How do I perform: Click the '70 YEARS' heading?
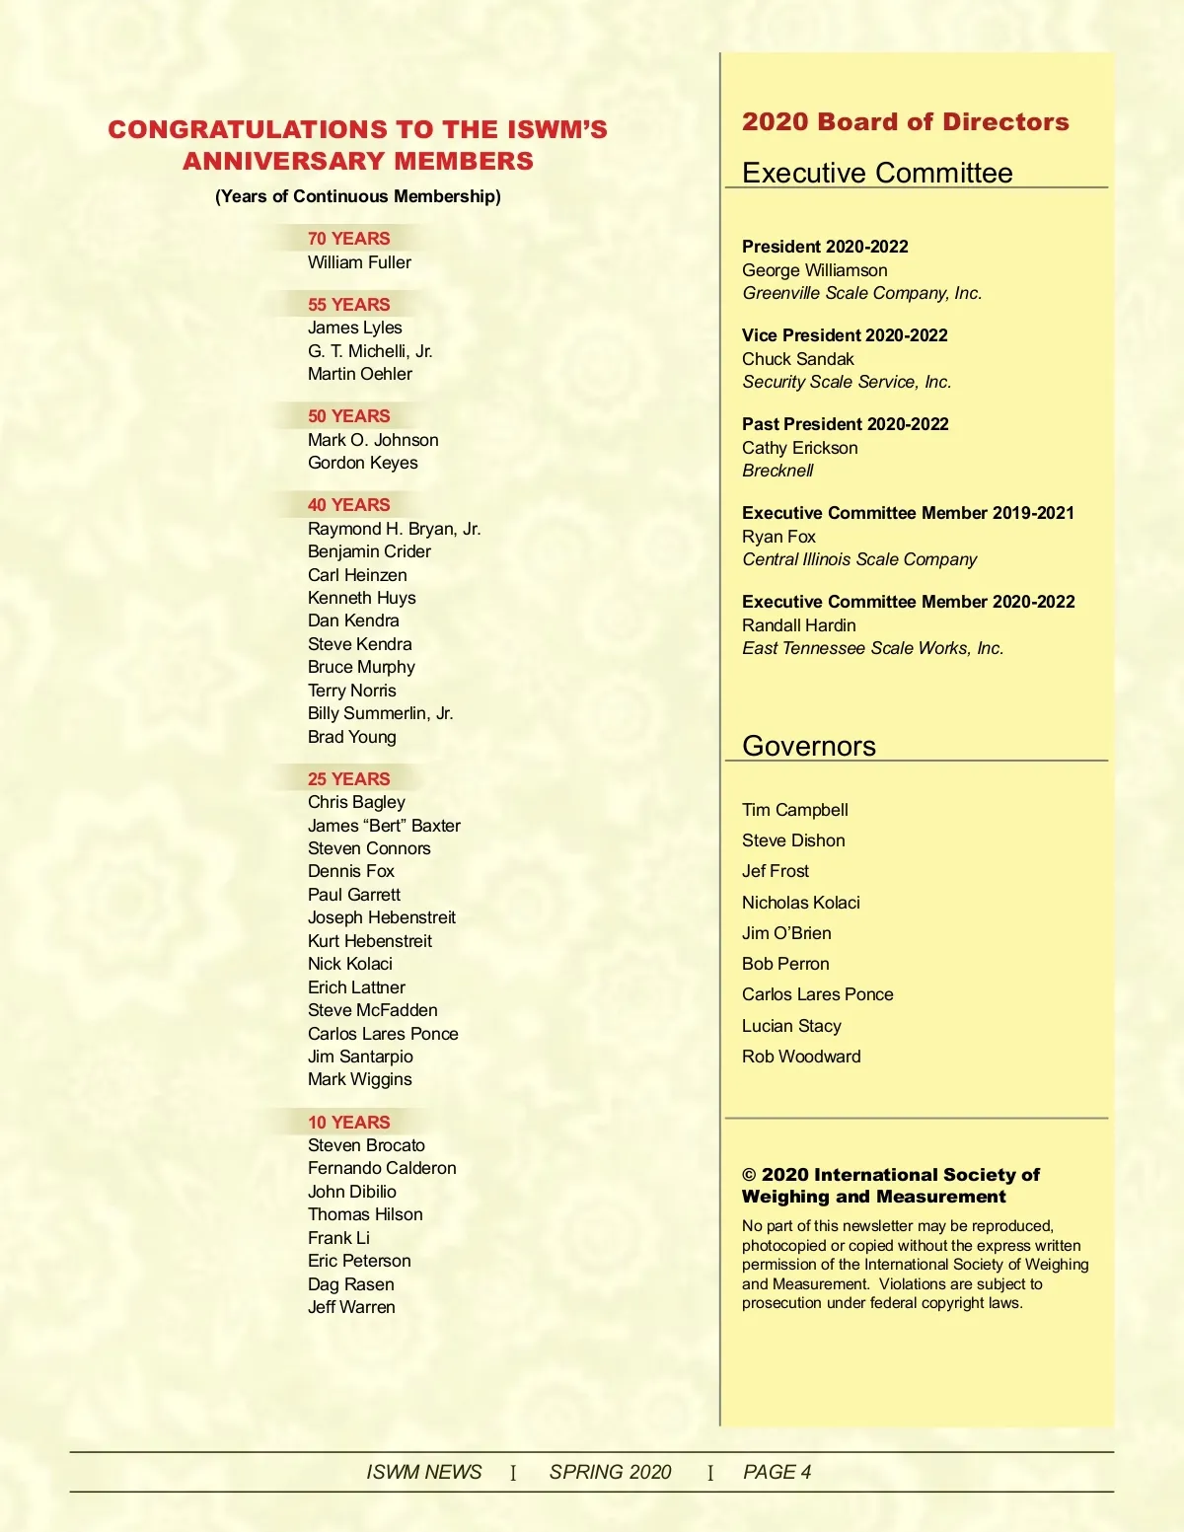(x=348, y=239)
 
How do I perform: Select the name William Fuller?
(x=359, y=262)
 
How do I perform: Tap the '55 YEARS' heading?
(x=348, y=305)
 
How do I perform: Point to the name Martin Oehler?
(x=359, y=374)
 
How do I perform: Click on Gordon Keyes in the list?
(x=362, y=463)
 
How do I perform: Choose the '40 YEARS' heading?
(x=348, y=505)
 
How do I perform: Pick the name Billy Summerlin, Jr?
(x=380, y=713)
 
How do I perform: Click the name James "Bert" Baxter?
(x=384, y=826)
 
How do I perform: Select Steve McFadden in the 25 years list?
(x=372, y=1010)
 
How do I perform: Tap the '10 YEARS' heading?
(x=348, y=1123)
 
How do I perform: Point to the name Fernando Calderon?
(x=382, y=1168)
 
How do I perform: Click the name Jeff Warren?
(x=351, y=1307)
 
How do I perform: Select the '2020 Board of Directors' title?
(x=905, y=122)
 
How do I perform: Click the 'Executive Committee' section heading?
(x=877, y=174)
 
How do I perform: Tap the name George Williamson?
(x=814, y=270)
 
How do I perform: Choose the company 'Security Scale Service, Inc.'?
(x=847, y=382)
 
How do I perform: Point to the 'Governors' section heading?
(x=808, y=746)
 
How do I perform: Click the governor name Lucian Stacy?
(x=791, y=1026)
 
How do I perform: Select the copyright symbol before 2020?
(x=750, y=1175)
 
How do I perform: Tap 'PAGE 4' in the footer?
(x=777, y=1472)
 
